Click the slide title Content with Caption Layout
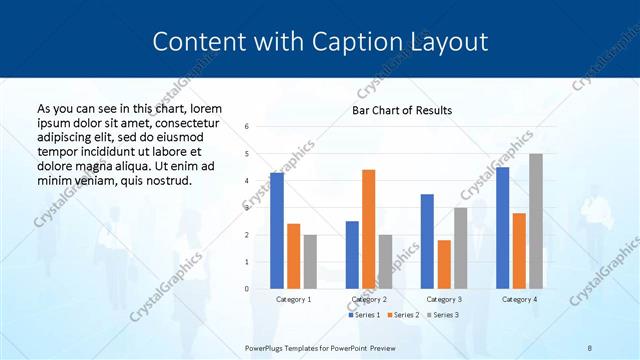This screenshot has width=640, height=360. click(x=320, y=42)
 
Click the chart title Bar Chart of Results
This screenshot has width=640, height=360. click(x=402, y=110)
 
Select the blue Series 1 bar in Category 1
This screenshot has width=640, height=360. click(x=276, y=231)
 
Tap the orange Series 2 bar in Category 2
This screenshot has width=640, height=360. click(x=368, y=229)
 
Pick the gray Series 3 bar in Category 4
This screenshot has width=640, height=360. click(x=536, y=221)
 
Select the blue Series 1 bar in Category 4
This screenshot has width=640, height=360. click(x=502, y=228)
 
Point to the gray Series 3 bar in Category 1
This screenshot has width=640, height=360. click(x=310, y=262)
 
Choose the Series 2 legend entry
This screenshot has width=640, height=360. click(x=403, y=315)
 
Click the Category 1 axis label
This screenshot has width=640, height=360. click(x=293, y=299)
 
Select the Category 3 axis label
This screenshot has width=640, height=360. click(x=444, y=299)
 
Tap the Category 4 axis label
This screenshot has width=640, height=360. click(x=519, y=299)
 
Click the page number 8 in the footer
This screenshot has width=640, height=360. click(x=590, y=346)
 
